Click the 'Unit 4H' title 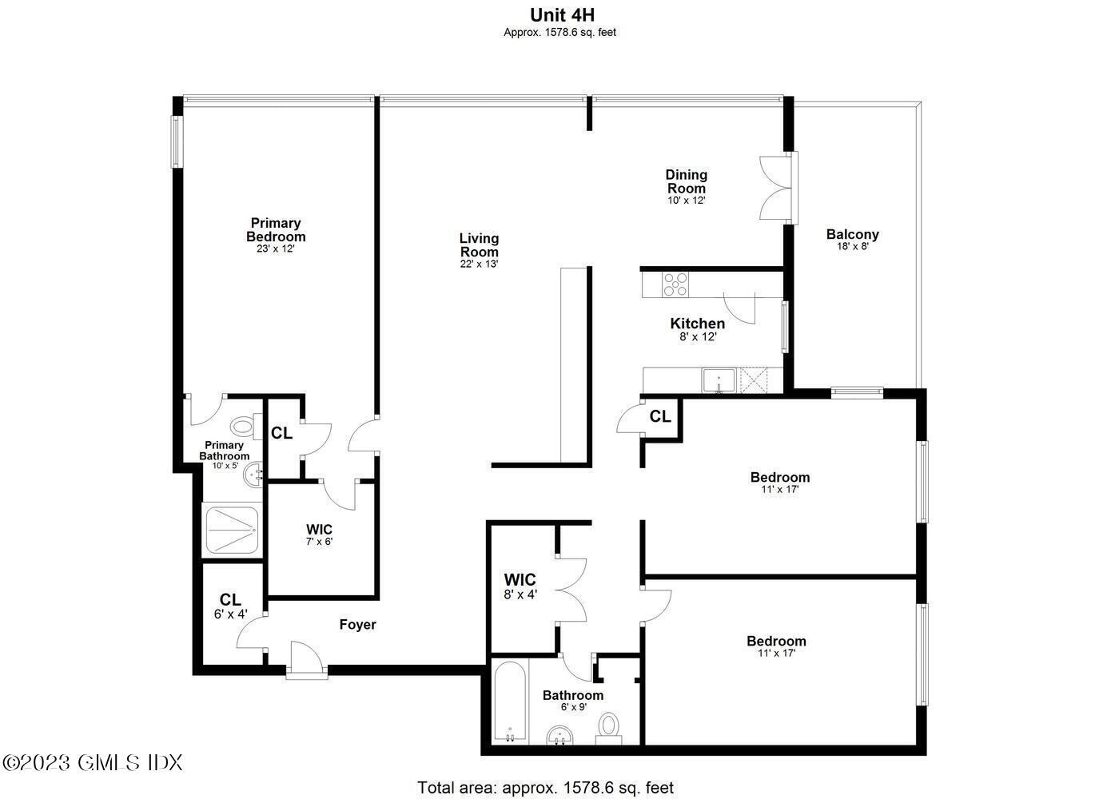click(x=562, y=15)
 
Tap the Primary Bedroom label click(x=276, y=230)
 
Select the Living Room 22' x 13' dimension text click(x=479, y=264)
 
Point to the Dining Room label click(x=687, y=181)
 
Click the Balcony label click(x=852, y=234)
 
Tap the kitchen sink click(x=719, y=380)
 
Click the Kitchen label click(x=697, y=324)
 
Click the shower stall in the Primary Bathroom click(x=233, y=529)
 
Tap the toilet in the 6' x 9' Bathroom click(x=610, y=728)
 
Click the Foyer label click(x=357, y=625)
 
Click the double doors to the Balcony click(x=776, y=187)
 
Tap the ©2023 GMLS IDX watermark click(x=94, y=763)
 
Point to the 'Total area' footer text click(x=546, y=788)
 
